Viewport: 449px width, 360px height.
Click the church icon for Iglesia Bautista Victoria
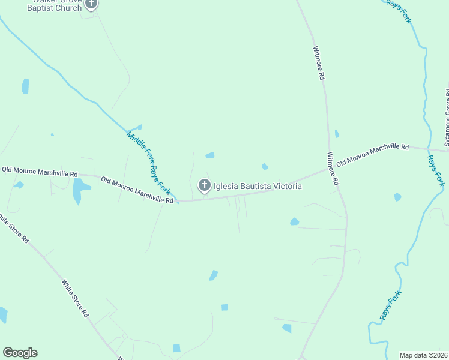[x=204, y=186]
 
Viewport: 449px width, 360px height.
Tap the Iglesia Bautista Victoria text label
[x=258, y=187]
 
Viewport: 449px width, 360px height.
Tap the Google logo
[x=20, y=353]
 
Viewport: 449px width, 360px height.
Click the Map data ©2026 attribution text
[x=423, y=355]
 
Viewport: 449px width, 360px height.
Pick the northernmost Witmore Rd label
[x=318, y=64]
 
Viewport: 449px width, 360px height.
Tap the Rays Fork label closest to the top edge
[x=399, y=12]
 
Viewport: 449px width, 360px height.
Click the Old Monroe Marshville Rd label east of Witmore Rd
[x=372, y=154]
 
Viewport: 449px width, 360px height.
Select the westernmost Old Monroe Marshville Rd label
[x=40, y=172]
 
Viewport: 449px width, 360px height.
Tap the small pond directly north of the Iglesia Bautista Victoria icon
[x=209, y=155]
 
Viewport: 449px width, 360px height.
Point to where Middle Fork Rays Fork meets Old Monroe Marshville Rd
[x=177, y=201]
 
